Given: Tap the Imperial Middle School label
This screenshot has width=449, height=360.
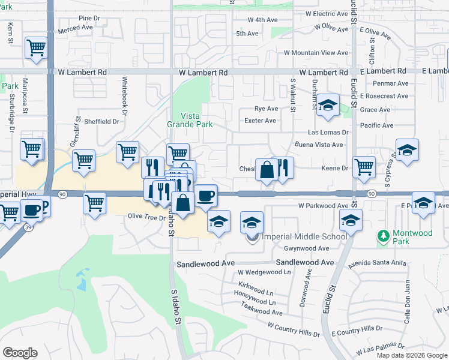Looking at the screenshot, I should pos(305,236).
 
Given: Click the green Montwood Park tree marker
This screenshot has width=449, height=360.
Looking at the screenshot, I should pos(382,235).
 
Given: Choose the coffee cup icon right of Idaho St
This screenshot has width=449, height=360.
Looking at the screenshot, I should pos(206,196).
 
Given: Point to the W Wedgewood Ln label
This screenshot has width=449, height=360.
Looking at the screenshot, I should pos(264,272).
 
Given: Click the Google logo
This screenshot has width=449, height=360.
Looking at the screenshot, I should pos(20,353).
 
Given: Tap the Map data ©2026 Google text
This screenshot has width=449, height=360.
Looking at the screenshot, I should pos(412,355).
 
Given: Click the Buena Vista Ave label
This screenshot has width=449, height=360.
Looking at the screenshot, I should pos(319,145).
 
